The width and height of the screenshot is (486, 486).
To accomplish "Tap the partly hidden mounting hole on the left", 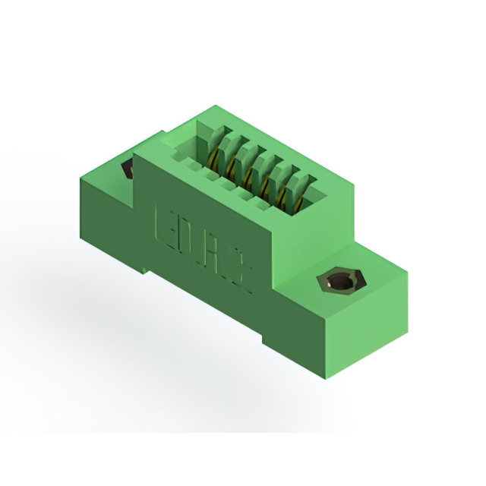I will click(x=128, y=169).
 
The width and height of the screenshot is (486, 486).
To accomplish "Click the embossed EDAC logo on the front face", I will click(x=204, y=247).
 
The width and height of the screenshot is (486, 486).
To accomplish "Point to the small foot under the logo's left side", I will click(x=144, y=266).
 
